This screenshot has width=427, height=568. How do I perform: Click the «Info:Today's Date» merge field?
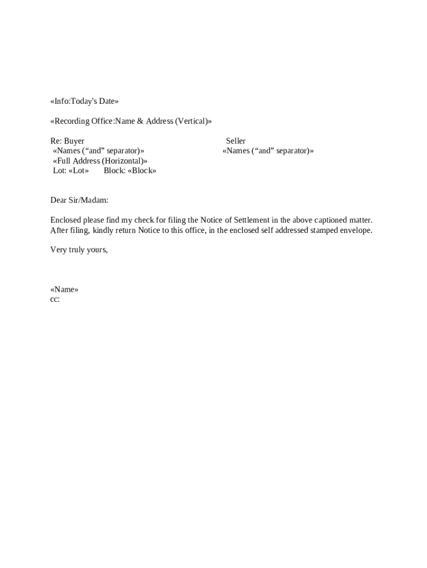point(84,101)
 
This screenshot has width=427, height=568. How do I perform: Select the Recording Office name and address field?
point(131,121)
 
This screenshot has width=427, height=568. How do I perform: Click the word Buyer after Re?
point(74,141)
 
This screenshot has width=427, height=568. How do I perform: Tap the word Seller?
point(236,141)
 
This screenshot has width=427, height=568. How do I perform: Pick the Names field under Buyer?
point(99,150)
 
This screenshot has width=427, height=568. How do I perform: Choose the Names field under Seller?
point(268,150)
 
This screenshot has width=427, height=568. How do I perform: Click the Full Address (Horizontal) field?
point(100,160)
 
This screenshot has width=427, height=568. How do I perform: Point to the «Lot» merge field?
point(78,170)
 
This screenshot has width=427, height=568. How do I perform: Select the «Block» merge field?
point(141,170)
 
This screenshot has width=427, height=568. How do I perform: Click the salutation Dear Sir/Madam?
point(79,200)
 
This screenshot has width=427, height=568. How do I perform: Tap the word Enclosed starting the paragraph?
point(65,220)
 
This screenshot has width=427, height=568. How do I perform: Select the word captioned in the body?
point(331,220)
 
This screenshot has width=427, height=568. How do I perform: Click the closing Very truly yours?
point(79,250)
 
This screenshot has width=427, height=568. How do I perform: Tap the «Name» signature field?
point(64,290)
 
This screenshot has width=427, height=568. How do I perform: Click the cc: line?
point(55,300)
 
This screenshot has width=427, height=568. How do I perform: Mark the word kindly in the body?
point(103,230)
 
